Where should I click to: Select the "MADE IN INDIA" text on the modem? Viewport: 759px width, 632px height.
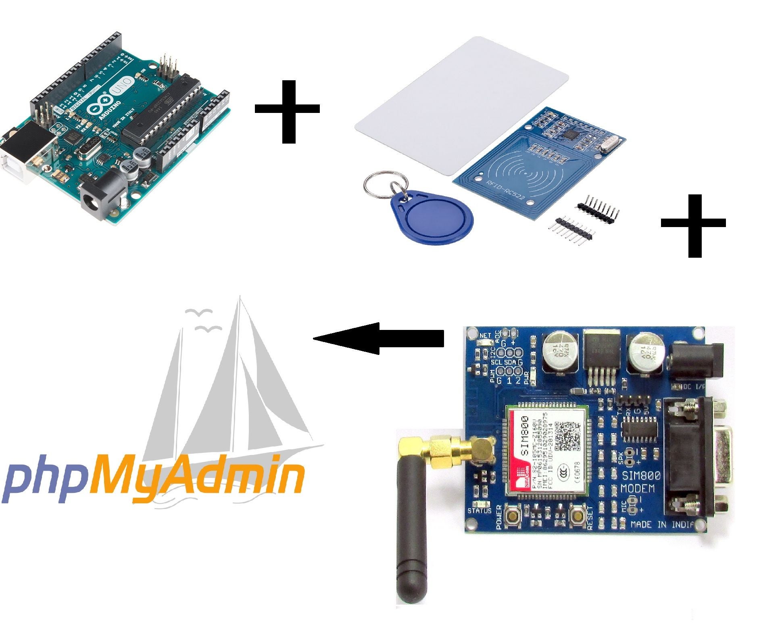[x=661, y=524]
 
